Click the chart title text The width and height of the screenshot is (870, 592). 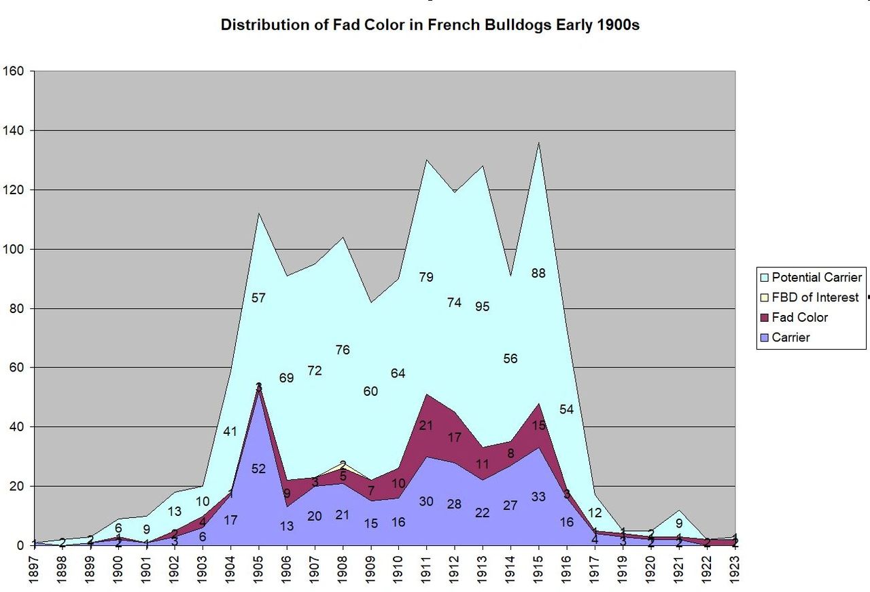[x=430, y=26]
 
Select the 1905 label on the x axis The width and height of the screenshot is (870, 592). [x=258, y=568]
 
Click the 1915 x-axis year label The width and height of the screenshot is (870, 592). [x=538, y=568]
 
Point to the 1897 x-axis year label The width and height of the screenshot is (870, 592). [x=35, y=568]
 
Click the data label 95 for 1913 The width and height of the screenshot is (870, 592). [x=483, y=306]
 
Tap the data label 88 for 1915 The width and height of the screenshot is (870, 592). [x=538, y=274]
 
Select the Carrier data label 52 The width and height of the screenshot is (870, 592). [x=258, y=468]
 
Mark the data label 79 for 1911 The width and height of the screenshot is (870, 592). [x=426, y=277]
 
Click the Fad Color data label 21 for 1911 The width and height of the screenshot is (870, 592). [x=426, y=426]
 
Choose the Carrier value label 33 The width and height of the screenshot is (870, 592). [x=538, y=496]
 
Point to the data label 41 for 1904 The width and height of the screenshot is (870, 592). [x=230, y=431]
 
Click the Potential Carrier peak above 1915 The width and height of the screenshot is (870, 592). [x=538, y=143]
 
